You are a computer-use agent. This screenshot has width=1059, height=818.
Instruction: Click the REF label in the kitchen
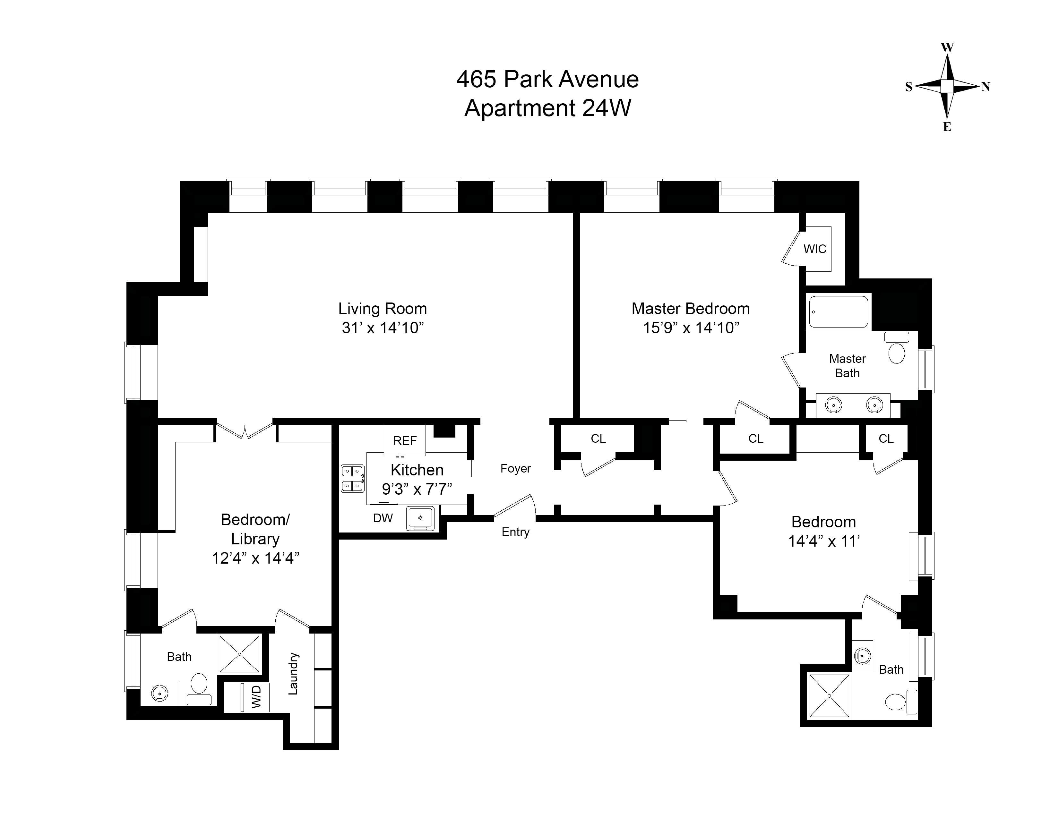coord(404,440)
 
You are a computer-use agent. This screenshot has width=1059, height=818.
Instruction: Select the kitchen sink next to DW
coord(420,517)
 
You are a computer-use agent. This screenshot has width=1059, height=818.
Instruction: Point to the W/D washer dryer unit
coord(255,697)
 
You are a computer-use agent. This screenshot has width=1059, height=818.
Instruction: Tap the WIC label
coord(814,249)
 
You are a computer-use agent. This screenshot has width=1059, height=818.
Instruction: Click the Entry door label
coord(515,532)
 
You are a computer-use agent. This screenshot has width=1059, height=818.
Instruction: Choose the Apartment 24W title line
coord(547,107)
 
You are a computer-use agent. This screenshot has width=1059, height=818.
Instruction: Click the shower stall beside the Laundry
coord(239,654)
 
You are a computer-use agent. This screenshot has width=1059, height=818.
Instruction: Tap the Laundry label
coord(293,674)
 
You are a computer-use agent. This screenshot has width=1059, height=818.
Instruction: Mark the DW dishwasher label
coord(383,518)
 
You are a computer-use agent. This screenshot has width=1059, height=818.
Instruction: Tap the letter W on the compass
coord(947,47)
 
